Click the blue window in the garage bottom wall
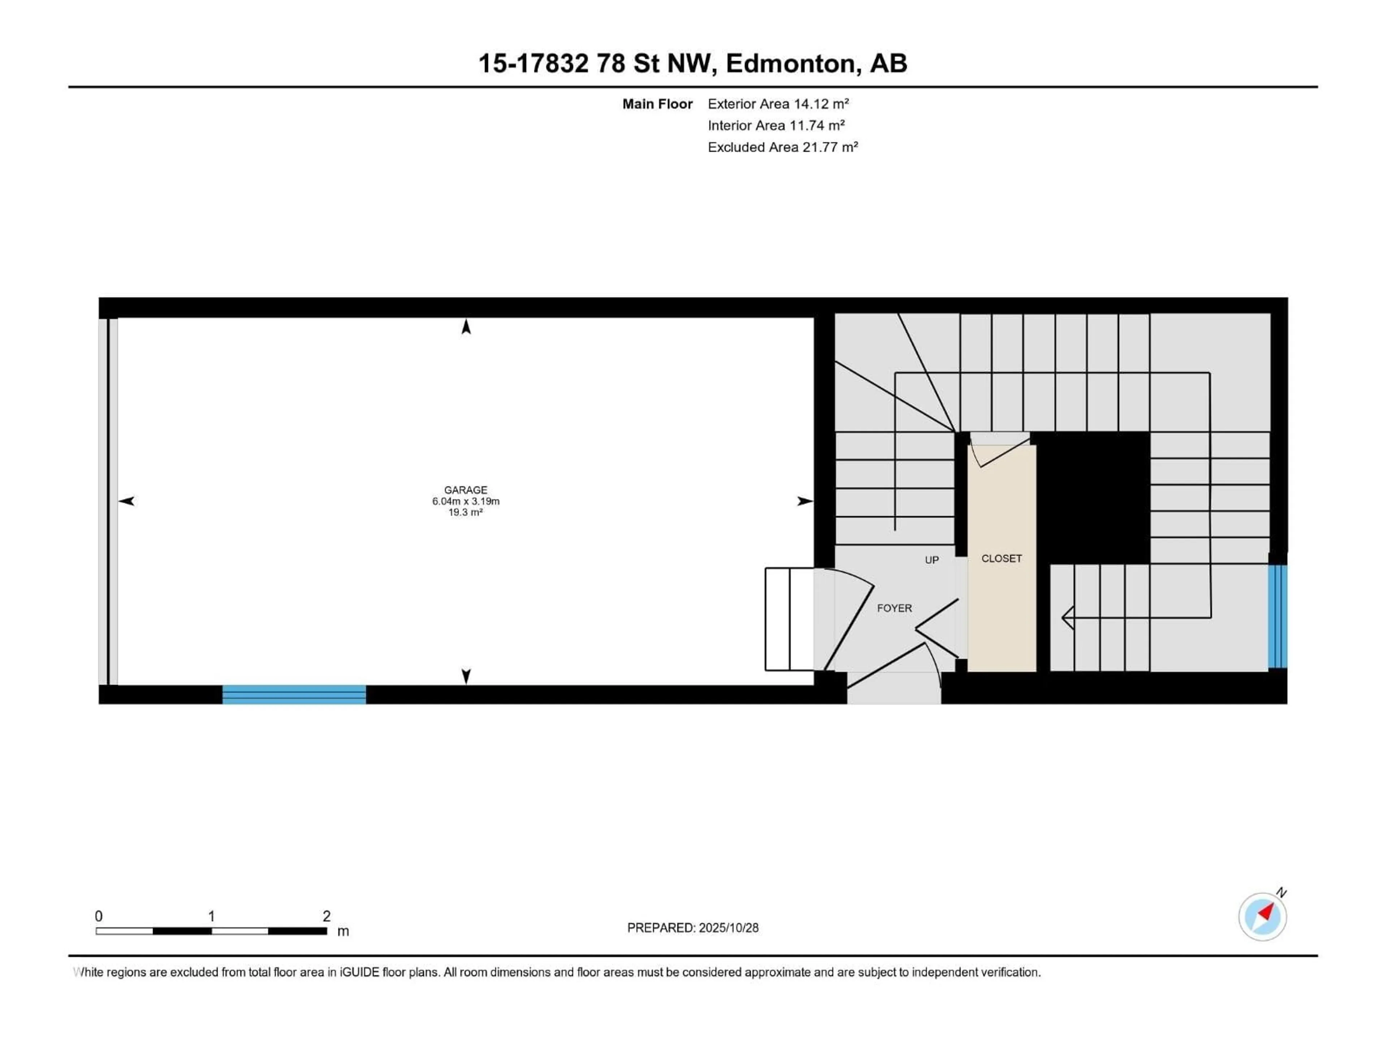coord(294,694)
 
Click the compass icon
coord(1262,916)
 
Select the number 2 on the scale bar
coord(326,916)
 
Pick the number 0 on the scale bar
coord(99,916)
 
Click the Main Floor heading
coord(657,104)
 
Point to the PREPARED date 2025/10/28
coord(693,928)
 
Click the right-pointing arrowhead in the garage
coord(804,501)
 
